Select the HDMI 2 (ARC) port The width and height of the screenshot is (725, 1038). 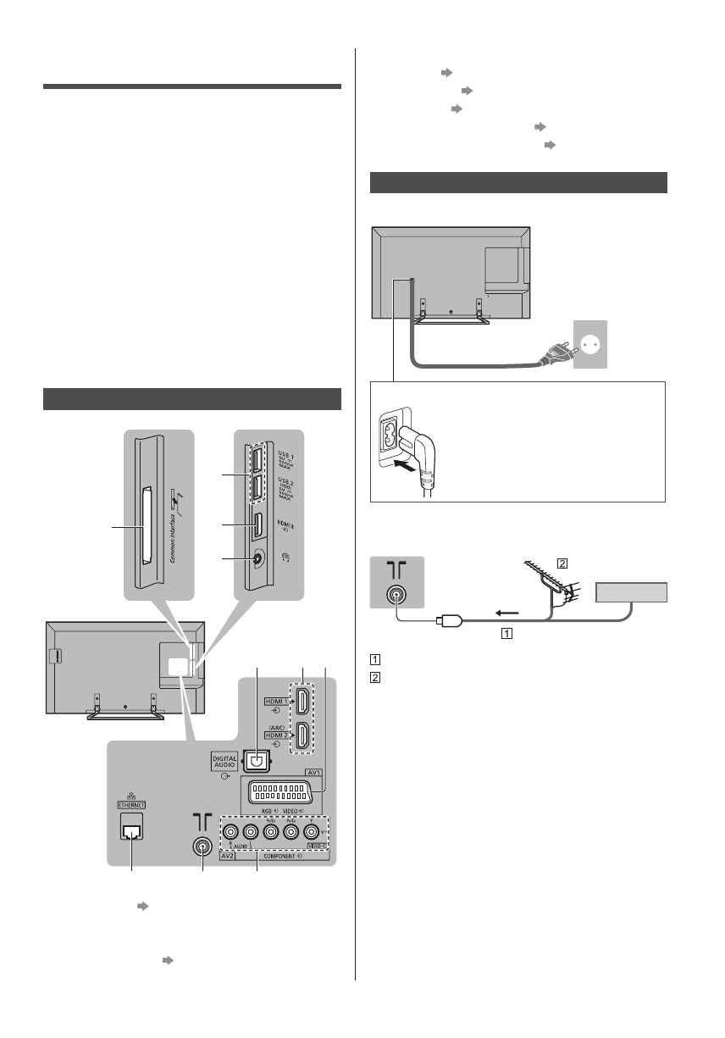300,737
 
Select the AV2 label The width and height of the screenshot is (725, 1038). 203,857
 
